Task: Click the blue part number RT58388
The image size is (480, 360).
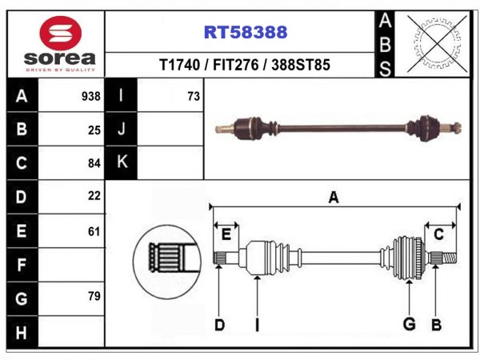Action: pos(246,32)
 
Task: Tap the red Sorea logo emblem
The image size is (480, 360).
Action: pos(60,34)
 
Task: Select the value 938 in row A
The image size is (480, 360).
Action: pos(91,97)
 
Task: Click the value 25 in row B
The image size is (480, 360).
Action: pos(94,130)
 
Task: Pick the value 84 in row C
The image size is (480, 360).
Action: pos(94,163)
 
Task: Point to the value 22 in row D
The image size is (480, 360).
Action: pos(94,196)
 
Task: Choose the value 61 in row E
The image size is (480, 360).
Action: pos(94,231)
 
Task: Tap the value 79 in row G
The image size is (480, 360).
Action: pos(94,296)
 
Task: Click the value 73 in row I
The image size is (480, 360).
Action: pos(194,97)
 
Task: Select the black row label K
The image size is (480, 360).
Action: pos(122,162)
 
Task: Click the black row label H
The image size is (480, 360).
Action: pos(21,333)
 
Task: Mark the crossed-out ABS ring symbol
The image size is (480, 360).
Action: pos(437,43)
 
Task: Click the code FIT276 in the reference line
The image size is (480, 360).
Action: pos(236,65)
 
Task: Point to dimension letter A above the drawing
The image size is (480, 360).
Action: pos(334,198)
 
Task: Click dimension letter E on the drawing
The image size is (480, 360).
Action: pos(226,235)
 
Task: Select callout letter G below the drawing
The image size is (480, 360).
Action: pos(410,324)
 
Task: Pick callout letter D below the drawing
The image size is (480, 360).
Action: pos(219,325)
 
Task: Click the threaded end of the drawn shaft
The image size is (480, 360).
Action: pos(450,258)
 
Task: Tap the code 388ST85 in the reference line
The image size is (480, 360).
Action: pos(301,65)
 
